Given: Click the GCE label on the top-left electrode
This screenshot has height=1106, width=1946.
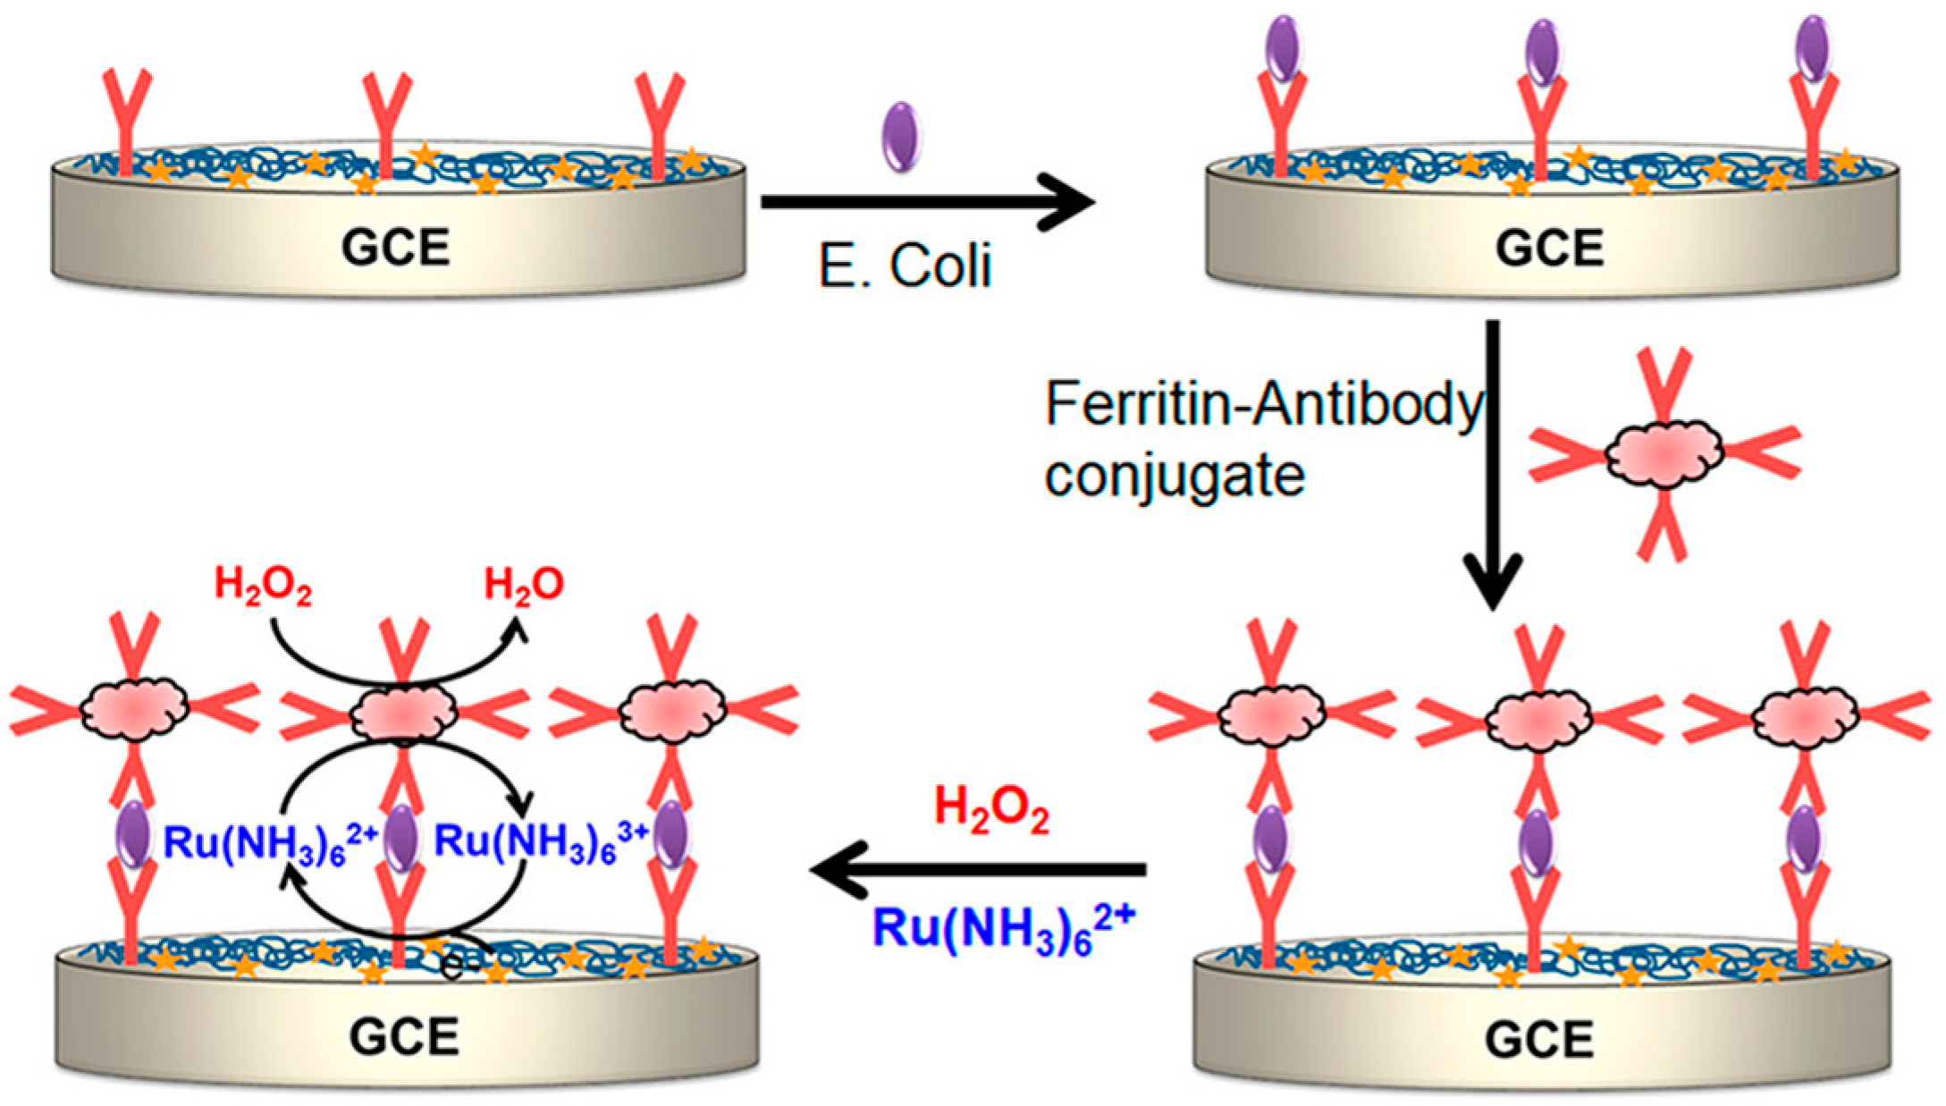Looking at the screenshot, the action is [x=395, y=248].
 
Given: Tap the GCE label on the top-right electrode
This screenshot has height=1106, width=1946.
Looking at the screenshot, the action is [x=1549, y=248].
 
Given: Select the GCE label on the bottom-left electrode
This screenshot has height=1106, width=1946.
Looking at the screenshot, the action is [x=404, y=1037].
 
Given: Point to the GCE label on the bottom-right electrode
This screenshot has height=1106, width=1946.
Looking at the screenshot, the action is [x=1539, y=1040].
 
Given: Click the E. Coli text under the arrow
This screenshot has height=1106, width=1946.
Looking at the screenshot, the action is [x=906, y=266].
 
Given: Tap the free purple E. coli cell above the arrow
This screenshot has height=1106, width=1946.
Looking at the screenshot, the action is [x=900, y=136].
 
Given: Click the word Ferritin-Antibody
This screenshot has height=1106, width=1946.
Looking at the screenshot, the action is [x=1264, y=405].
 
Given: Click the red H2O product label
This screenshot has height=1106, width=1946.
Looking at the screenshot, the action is [x=524, y=586].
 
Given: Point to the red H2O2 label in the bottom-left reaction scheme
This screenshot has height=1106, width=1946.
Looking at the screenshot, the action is [x=264, y=587].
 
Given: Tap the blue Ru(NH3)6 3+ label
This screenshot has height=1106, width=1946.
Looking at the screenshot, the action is [x=541, y=842].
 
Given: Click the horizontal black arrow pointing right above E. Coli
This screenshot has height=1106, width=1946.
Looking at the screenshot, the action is [x=928, y=203].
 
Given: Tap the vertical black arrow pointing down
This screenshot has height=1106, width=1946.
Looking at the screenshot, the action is [x=1493, y=465].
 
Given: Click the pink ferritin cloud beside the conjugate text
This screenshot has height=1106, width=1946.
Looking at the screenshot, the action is [x=1664, y=454].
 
